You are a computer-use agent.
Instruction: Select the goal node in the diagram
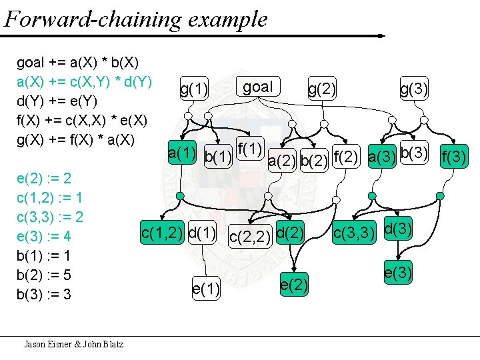(258, 87)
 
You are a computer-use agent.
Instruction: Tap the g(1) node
(194, 88)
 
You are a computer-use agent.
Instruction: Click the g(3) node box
(413, 88)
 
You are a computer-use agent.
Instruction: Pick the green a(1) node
(182, 153)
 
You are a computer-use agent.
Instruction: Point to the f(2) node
(345, 157)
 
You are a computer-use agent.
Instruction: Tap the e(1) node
(207, 289)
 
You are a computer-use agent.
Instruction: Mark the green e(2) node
(294, 285)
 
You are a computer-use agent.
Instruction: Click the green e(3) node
(397, 272)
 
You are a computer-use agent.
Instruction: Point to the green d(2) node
(290, 233)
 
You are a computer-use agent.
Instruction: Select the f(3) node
(455, 158)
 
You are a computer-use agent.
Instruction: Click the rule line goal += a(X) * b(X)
(77, 63)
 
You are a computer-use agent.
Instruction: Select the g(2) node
(322, 88)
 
